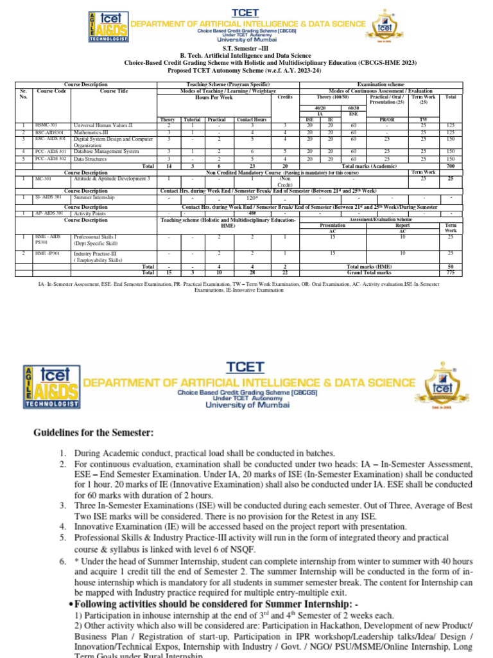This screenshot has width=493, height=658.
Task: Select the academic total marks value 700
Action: coord(450,166)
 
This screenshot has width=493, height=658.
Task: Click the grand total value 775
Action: coord(450,272)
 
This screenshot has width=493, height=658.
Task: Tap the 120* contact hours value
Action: coord(252,198)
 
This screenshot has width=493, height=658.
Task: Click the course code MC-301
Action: coord(44,179)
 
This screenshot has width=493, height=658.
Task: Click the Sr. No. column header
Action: coord(24,94)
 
